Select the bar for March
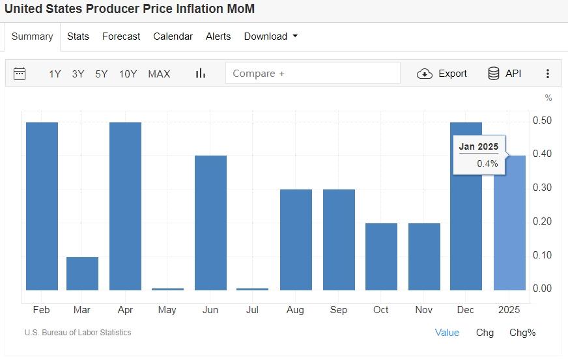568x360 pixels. click(82, 273)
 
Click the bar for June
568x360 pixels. click(210, 223)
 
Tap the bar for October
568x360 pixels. click(381, 256)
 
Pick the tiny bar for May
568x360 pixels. click(167, 288)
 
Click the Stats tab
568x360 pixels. click(78, 36)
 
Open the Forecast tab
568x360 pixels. click(121, 36)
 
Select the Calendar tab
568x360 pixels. click(173, 36)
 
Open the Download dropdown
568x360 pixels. click(270, 36)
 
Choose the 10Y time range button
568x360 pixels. click(128, 74)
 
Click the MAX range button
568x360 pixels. click(159, 74)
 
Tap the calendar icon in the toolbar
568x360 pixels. click(20, 74)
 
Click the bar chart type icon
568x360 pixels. click(201, 74)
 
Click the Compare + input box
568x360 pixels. click(313, 74)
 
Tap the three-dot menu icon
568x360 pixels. click(548, 74)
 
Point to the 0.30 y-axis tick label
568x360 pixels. click(542, 187)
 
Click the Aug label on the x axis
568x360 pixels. click(295, 310)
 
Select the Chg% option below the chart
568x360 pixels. click(522, 333)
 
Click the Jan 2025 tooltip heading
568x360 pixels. click(478, 146)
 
